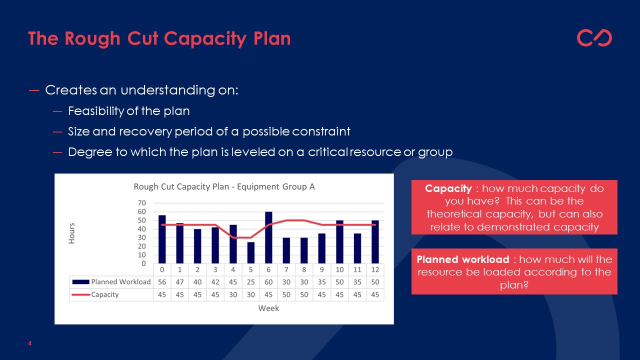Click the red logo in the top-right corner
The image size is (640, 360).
point(594,37)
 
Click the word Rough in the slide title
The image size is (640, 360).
point(92,39)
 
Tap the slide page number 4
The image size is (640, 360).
point(29,343)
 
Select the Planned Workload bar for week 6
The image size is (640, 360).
point(268,237)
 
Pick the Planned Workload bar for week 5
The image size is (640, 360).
point(251,252)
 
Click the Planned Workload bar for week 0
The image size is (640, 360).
point(162,239)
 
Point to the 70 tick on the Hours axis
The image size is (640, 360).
point(142,203)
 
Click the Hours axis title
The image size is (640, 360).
point(71,233)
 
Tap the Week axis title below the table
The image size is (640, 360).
point(268,308)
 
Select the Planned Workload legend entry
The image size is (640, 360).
point(111,282)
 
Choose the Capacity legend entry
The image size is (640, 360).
point(95,294)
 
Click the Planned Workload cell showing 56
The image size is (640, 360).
point(162,282)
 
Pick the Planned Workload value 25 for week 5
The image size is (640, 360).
point(251,282)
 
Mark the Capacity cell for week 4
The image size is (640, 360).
point(233,294)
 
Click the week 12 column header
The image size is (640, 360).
point(375,269)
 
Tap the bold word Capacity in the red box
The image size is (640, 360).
point(448,188)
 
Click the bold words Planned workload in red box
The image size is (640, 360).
point(463,259)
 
